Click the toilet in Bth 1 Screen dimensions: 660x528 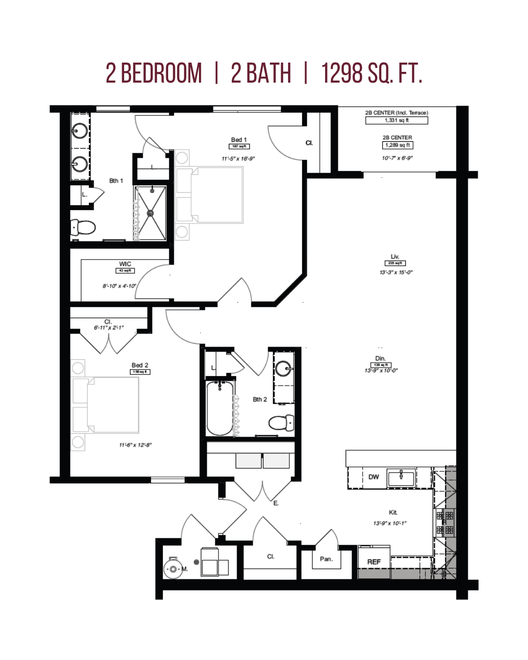[x=84, y=227]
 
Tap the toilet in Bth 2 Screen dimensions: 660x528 [x=282, y=422]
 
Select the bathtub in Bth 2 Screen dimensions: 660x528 [x=220, y=408]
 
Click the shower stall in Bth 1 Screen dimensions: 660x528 [x=151, y=213]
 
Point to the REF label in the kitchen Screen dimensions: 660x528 [x=374, y=562]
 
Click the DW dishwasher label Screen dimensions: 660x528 [x=374, y=477]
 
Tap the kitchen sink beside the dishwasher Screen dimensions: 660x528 [x=401, y=477]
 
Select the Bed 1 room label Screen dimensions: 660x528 [x=239, y=140]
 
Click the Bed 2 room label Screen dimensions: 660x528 [x=140, y=365]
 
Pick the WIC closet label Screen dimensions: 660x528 [x=125, y=264]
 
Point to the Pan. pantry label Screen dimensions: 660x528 [x=326, y=559]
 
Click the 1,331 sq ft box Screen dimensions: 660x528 [x=396, y=120]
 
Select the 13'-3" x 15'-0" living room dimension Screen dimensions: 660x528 [x=396, y=272]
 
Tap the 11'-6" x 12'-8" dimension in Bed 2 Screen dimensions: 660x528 [x=135, y=445]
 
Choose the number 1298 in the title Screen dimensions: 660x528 [x=342, y=74]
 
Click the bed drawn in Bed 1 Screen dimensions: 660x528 [x=210, y=195]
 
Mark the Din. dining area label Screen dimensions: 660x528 [x=380, y=358]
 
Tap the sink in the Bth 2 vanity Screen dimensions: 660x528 [x=284, y=368]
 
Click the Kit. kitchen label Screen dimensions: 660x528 [x=393, y=512]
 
